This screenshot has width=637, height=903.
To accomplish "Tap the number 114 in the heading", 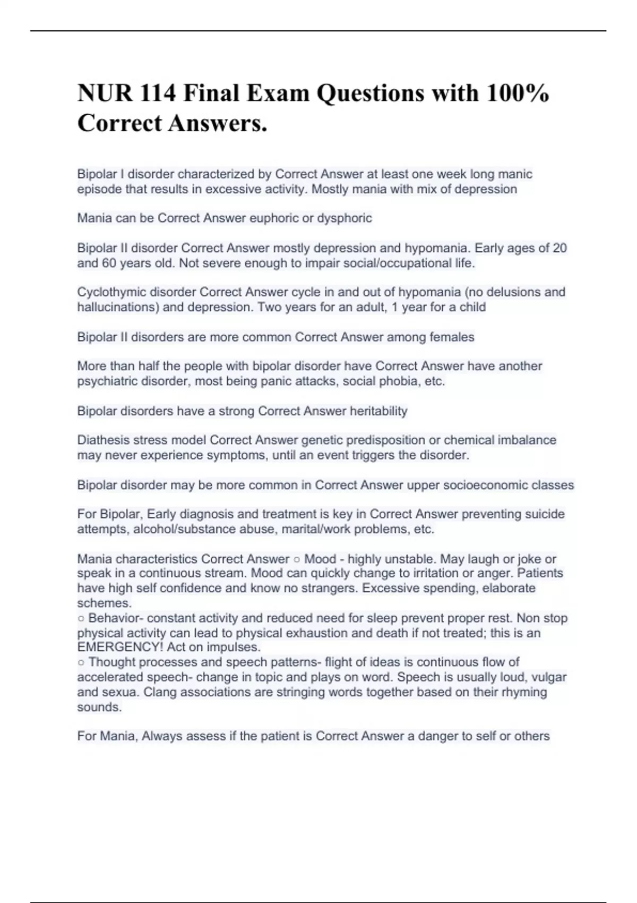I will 158,93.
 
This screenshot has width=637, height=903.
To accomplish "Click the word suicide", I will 545,514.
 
